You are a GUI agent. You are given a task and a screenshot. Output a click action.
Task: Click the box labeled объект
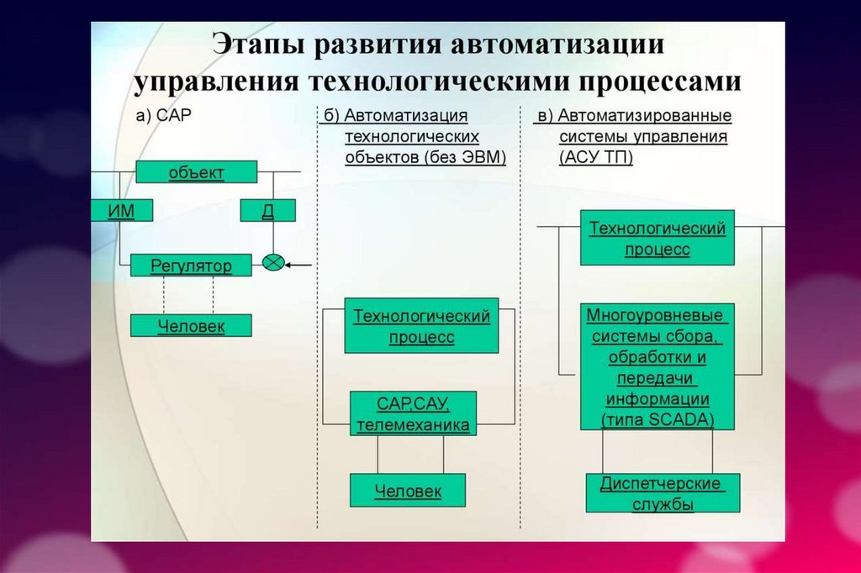(196, 172)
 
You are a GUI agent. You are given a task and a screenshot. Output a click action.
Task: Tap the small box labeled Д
(267, 210)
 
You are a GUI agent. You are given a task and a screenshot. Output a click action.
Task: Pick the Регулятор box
(192, 265)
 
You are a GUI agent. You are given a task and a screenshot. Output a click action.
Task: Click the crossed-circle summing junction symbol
(272, 262)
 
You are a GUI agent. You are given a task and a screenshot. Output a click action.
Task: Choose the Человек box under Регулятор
(191, 326)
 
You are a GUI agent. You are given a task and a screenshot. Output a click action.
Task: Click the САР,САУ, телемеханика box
(413, 413)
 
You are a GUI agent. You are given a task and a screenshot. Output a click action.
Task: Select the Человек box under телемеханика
(408, 491)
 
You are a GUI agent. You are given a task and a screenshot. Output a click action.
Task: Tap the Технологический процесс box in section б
(421, 326)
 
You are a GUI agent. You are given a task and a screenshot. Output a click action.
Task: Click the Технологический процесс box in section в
(657, 238)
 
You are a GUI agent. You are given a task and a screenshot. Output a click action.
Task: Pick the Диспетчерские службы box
(663, 493)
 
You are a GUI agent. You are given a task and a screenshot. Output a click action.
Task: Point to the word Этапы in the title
(256, 45)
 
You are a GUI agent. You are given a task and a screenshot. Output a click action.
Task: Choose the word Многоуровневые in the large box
(656, 317)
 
